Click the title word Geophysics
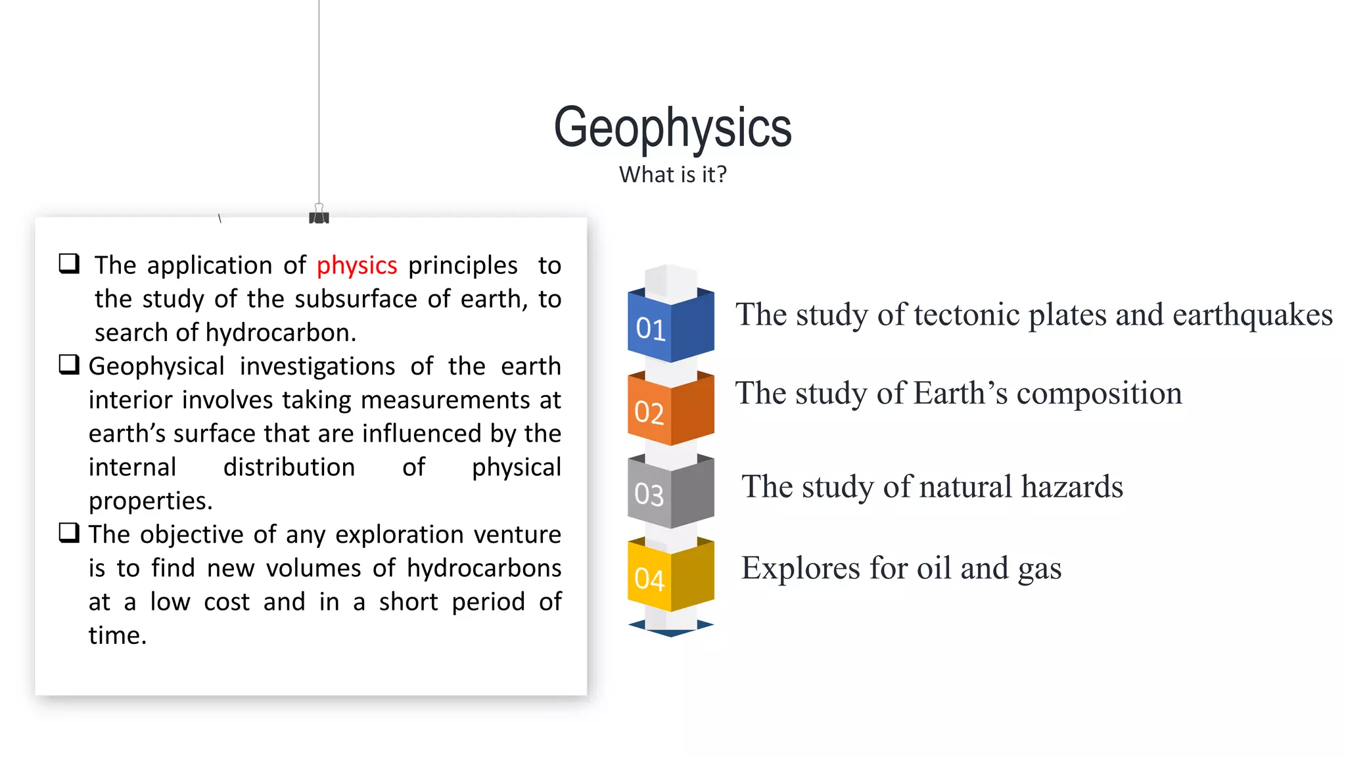[x=672, y=127]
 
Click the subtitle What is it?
[x=672, y=175]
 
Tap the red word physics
[x=357, y=265]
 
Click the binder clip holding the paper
[x=319, y=215]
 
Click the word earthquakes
[x=1252, y=315]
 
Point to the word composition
[x=1099, y=394]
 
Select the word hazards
[x=1072, y=487]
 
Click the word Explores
[x=800, y=568]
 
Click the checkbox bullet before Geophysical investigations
[x=69, y=365]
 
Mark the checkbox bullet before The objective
[x=69, y=533]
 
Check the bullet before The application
[x=69, y=264]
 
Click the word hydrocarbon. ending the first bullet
[x=281, y=333]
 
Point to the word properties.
[x=151, y=501]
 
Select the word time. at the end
[x=118, y=635]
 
